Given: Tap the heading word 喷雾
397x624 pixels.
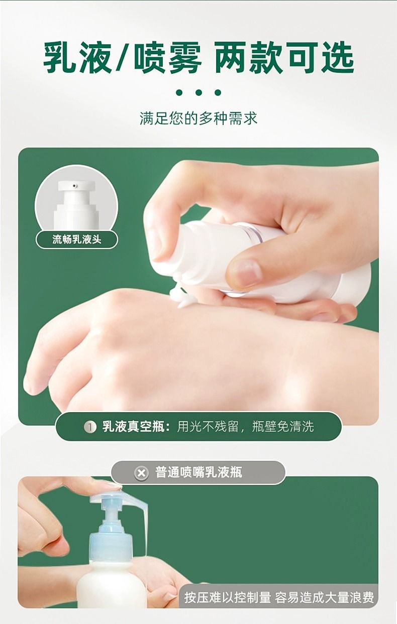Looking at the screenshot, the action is point(168,58).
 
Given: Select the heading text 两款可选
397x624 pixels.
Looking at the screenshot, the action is point(284,58).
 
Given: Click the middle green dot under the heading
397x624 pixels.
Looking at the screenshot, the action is point(198,92).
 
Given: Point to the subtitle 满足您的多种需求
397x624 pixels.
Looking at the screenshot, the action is point(198,118).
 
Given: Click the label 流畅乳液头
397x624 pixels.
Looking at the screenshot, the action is point(77,239).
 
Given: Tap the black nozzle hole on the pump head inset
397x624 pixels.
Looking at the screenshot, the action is point(74,185).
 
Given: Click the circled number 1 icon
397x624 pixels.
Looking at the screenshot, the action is point(90,427).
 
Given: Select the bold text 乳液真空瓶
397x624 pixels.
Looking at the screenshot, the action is point(133,427).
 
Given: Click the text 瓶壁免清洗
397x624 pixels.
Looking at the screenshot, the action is point(283,427).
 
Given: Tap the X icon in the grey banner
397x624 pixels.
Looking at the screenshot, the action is point(141,473).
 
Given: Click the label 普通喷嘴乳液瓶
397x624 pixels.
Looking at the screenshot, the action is point(198,473).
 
